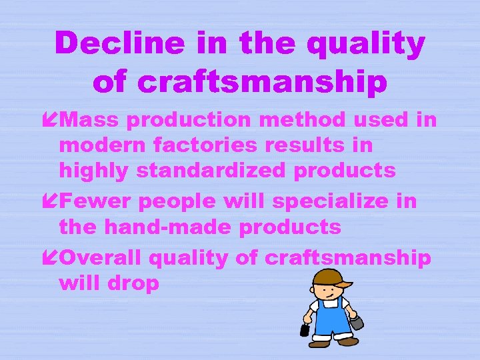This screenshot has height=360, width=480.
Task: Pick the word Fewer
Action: [90, 201]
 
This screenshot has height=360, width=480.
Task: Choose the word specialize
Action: [322, 201]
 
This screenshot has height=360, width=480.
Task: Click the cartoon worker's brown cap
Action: [330, 277]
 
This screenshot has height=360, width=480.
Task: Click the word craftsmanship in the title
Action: [240, 82]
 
